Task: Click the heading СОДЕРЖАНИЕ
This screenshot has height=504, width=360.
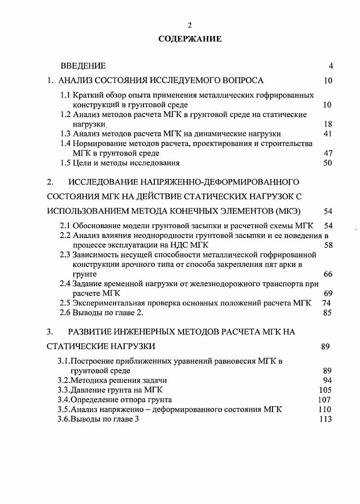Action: [190, 39]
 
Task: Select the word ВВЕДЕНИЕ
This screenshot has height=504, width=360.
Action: [83, 66]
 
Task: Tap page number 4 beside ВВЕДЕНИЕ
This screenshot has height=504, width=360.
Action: [331, 66]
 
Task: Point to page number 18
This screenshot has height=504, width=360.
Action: [328, 124]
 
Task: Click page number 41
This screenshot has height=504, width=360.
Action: [328, 134]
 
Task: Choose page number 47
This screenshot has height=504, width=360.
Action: [328, 153]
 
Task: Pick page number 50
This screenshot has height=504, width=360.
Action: [328, 163]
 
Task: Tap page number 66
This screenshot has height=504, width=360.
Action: [328, 274]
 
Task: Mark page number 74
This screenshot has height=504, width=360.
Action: [327, 303]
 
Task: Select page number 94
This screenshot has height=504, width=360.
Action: [328, 380]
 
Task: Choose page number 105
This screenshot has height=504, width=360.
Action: [325, 390]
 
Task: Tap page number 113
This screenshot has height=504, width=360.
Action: [325, 419]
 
